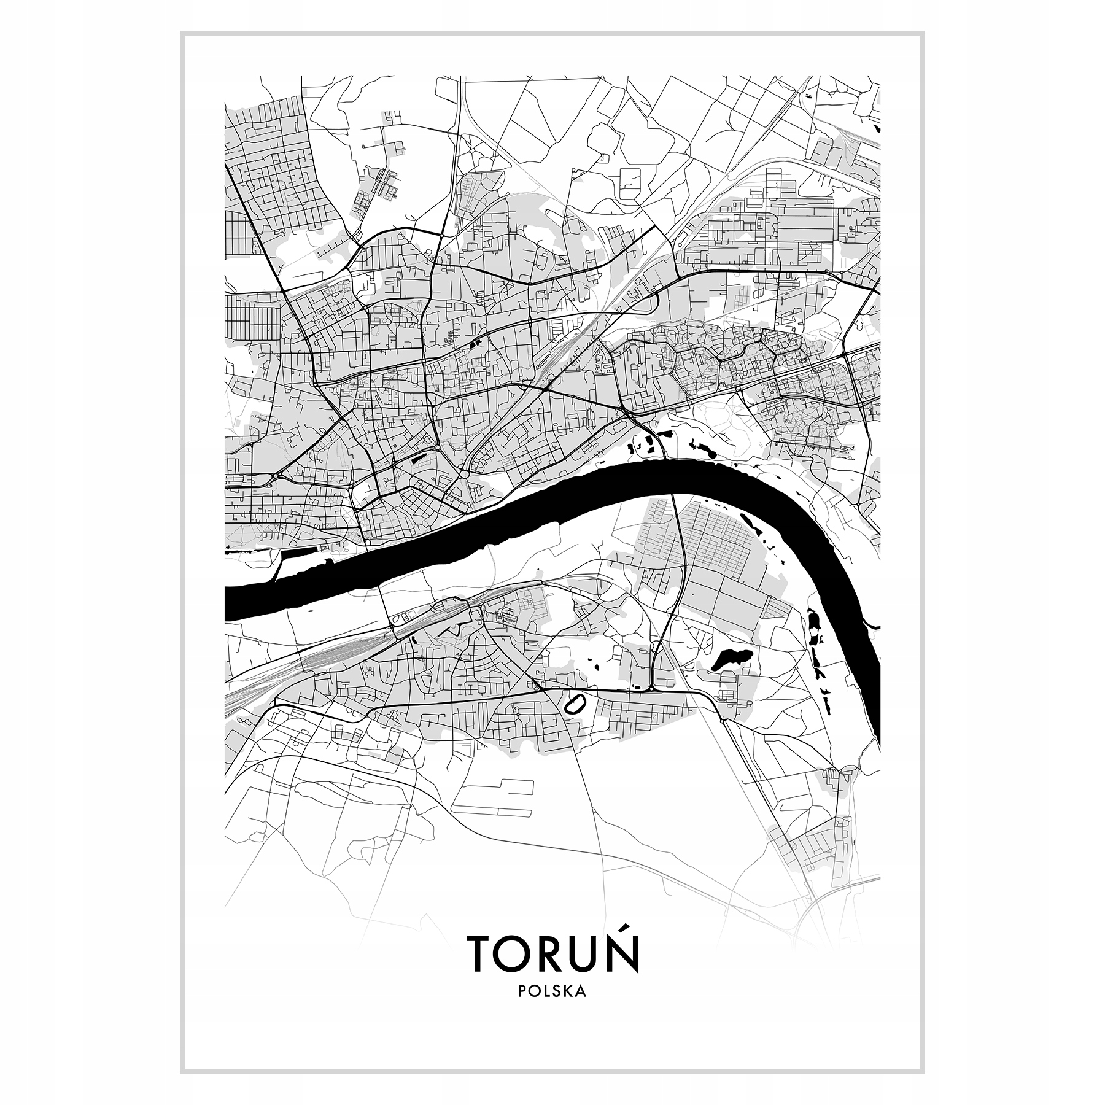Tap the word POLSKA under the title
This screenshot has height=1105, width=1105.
pos(552,1009)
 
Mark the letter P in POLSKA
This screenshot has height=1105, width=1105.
pos(522,1009)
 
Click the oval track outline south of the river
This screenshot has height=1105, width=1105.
pos(575,704)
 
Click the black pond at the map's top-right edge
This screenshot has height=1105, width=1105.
pos(876,129)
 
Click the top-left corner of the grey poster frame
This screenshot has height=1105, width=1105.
pos(182,33)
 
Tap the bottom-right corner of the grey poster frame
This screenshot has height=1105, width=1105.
pos(923,1072)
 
